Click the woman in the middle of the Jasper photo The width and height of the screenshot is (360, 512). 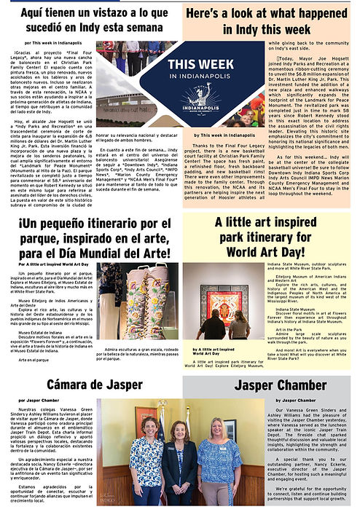[179, 458]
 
